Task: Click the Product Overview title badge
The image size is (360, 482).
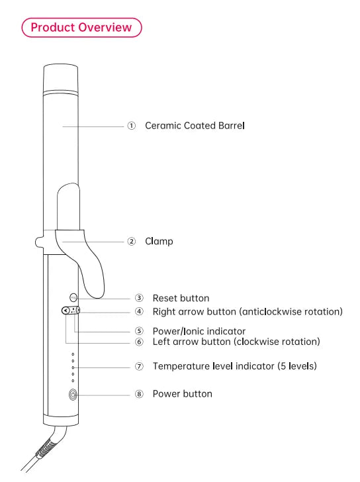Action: pos(81,27)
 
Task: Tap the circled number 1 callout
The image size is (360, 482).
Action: pos(132,126)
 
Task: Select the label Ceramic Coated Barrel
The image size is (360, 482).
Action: pos(195,126)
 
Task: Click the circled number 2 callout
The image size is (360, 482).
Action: pos(132,241)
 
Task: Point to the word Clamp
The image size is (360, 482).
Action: pos(159,241)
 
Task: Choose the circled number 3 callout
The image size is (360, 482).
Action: pos(139,298)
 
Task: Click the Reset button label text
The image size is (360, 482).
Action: pos(181,298)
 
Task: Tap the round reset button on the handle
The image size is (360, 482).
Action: pos(73,297)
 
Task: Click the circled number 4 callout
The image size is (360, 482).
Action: pos(139,312)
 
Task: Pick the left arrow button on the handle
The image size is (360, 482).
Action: pos(66,311)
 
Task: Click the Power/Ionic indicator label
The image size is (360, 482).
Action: pos(199,331)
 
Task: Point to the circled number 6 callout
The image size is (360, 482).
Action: pos(139,342)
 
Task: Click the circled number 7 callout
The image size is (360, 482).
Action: pos(139,366)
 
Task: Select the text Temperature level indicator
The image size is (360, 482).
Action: pos(214,366)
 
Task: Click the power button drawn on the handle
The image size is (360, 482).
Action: pos(73,395)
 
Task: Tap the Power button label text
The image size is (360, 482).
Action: pos(183,394)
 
